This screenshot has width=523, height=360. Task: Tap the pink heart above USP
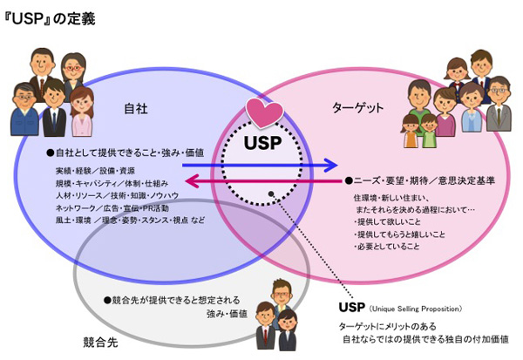[261, 114]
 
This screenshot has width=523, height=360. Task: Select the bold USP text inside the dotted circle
[261, 142]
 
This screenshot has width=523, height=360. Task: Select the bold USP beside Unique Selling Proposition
[350, 308]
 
